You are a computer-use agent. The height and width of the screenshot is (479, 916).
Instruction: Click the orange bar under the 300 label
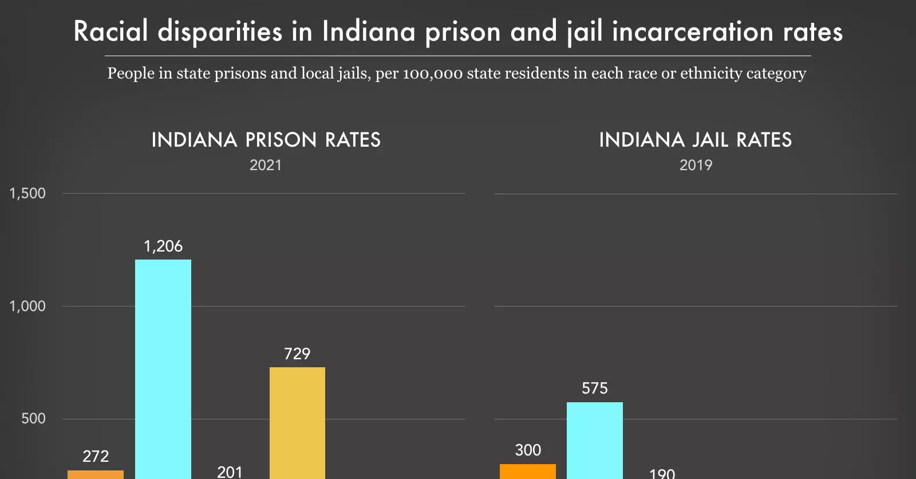click(x=527, y=472)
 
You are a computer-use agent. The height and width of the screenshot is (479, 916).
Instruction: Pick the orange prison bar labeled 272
click(x=96, y=474)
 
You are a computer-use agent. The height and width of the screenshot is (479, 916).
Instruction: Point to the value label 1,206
click(x=163, y=246)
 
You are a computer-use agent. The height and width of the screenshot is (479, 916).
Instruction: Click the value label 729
click(x=297, y=354)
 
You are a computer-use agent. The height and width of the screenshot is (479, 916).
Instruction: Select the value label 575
click(x=594, y=388)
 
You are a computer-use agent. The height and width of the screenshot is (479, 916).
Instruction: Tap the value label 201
click(x=230, y=472)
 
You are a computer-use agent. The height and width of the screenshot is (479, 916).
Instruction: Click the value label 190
click(x=662, y=474)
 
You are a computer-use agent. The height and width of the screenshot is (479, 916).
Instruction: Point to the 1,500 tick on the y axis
click(x=27, y=194)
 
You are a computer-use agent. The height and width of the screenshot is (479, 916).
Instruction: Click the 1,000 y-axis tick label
click(x=27, y=306)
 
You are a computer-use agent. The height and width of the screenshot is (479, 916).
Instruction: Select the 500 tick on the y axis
click(x=33, y=419)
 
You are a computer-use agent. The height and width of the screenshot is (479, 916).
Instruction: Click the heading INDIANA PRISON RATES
click(x=266, y=140)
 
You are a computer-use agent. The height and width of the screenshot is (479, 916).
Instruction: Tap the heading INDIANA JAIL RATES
click(x=695, y=140)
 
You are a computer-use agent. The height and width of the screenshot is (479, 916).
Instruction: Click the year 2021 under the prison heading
click(x=266, y=166)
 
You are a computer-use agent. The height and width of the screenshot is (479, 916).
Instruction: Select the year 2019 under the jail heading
click(x=696, y=166)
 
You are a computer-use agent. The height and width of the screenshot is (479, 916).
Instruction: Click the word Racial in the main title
click(x=111, y=32)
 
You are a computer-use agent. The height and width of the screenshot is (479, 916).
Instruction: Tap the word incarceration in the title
click(x=693, y=32)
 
